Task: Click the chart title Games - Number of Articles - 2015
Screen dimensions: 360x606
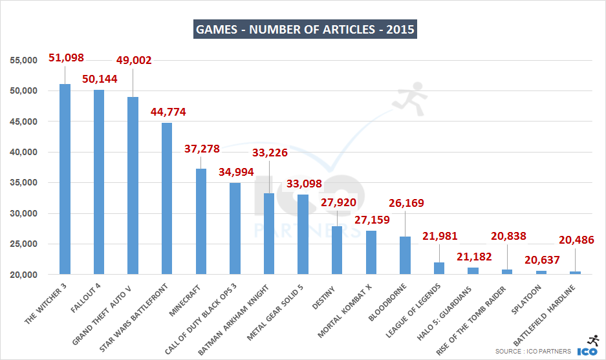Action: pos(305,29)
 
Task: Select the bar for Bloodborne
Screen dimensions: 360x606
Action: pos(405,255)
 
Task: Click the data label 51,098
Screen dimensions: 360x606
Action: pos(67,58)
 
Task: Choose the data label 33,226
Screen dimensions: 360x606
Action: pos(269,153)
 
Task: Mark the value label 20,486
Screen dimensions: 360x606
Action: pos(576,240)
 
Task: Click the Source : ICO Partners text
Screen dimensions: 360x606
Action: pos(533,351)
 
